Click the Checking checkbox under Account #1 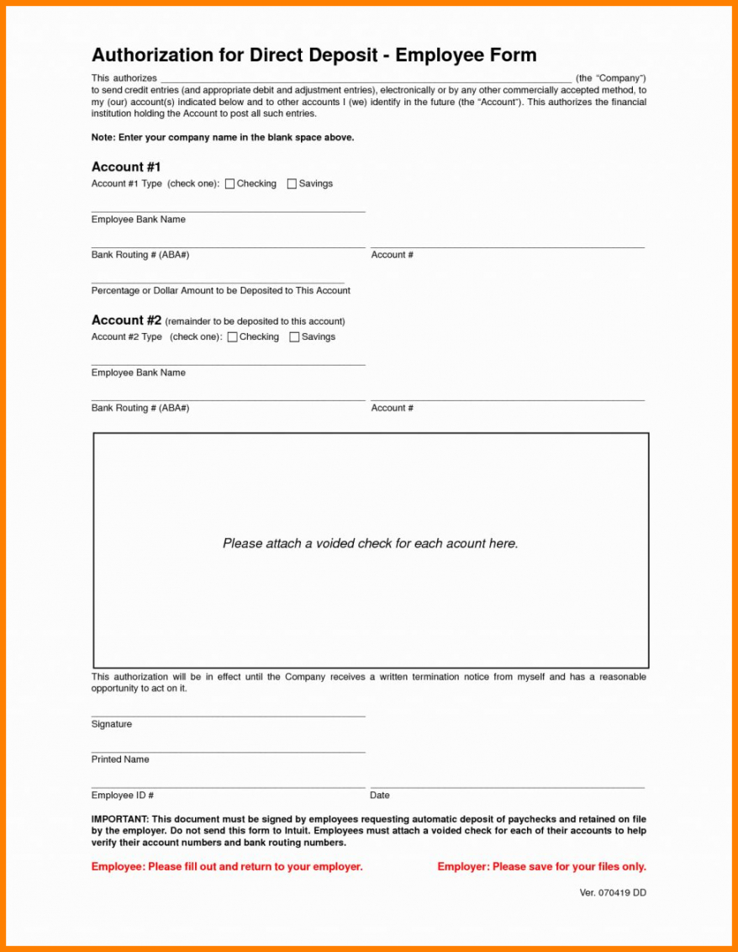pyautogui.click(x=229, y=184)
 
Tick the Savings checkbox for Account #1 pyautogui.click(x=292, y=184)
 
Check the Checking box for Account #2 pyautogui.click(x=232, y=337)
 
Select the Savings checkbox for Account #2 pyautogui.click(x=294, y=337)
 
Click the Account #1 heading pyautogui.click(x=126, y=167)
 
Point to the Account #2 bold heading pyautogui.click(x=126, y=320)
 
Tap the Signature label pyautogui.click(x=111, y=724)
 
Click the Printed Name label pyautogui.click(x=120, y=759)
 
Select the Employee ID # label pyautogui.click(x=122, y=795)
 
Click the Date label pyautogui.click(x=380, y=795)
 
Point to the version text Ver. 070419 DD pyautogui.click(x=612, y=892)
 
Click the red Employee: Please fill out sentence pyautogui.click(x=227, y=866)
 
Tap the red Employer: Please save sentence pyautogui.click(x=541, y=866)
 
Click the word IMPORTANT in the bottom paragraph pyautogui.click(x=119, y=819)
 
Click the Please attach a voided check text pyautogui.click(x=370, y=543)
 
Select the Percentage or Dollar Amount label pyautogui.click(x=220, y=290)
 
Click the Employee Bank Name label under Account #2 pyautogui.click(x=138, y=373)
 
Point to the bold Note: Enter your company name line pyautogui.click(x=222, y=137)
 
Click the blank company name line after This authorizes pyautogui.click(x=366, y=79)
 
